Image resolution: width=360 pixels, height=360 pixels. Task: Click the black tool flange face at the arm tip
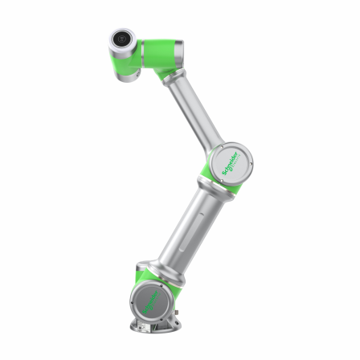121,37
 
